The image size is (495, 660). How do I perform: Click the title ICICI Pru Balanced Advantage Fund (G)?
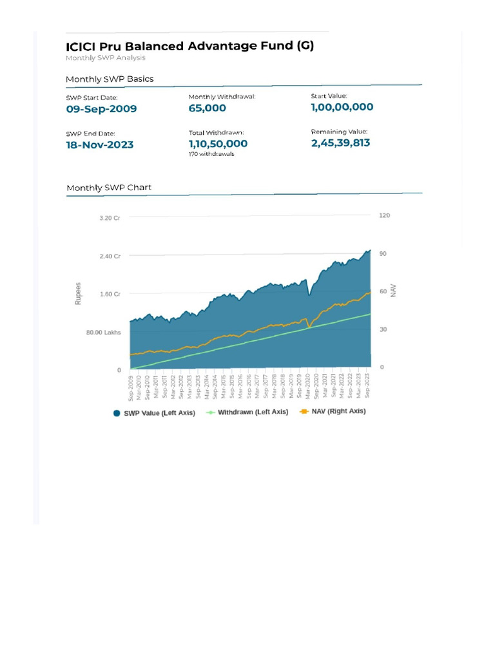pos(189,46)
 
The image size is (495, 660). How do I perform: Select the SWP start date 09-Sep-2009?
pos(101,109)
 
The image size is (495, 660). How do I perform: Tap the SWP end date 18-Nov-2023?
pos(100,145)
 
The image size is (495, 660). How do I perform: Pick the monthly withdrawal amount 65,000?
pos(207,108)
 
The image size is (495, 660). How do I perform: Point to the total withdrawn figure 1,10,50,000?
pos(218,144)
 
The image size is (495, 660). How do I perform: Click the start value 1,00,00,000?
pos(342,107)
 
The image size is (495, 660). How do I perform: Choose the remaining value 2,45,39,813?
pos(340,142)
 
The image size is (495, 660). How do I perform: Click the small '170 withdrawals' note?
pos(211,155)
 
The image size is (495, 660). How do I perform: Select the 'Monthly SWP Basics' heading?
pos(110,79)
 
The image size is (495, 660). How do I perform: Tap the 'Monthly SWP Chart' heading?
pos(108,188)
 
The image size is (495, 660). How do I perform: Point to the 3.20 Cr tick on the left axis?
pos(110,218)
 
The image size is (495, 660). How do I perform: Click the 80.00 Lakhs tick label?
pos(104,333)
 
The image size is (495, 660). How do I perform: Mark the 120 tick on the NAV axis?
pos(384,215)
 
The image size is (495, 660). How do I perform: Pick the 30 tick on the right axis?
pos(383,329)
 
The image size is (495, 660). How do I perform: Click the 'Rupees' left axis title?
pos(79,293)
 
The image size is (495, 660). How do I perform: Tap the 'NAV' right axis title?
pos(393,291)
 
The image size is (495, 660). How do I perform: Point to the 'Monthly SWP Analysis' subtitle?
pos(105,58)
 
